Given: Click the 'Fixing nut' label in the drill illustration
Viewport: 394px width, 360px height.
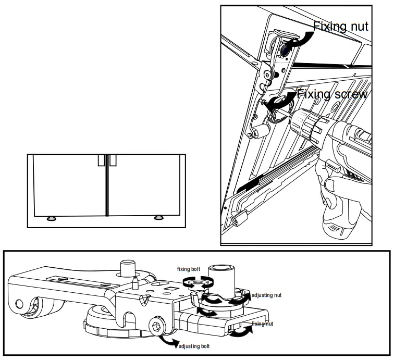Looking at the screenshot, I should pyautogui.click(x=340, y=26).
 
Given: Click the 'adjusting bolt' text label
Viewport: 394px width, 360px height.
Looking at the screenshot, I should pyautogui.click(x=196, y=346).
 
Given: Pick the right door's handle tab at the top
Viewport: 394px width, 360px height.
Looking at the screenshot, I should pyautogui.click(x=112, y=160).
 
